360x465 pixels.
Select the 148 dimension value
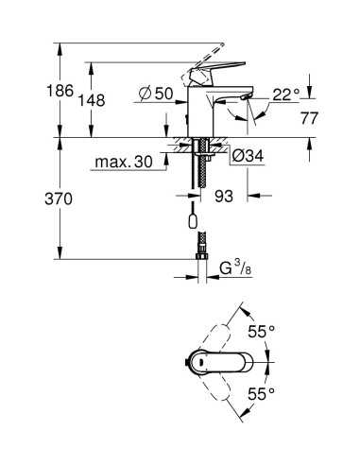[65, 99]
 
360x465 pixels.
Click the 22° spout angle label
[286, 94]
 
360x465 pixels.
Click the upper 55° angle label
[261, 331]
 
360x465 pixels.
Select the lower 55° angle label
[261, 391]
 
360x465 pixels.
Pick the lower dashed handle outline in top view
[221, 391]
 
